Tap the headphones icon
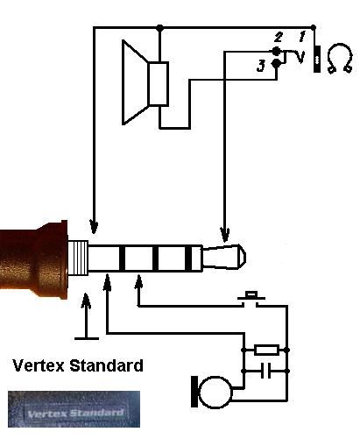click(x=339, y=59)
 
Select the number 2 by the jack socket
click(x=279, y=37)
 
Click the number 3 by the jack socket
click(x=261, y=66)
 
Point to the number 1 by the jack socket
click(x=302, y=36)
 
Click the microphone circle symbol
click(x=216, y=392)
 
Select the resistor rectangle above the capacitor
click(x=266, y=350)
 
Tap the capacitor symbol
click(x=265, y=371)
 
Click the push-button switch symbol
click(x=251, y=299)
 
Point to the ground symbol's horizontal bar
click(x=87, y=338)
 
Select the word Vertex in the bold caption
click(x=39, y=365)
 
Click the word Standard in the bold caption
click(x=107, y=365)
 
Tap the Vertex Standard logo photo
click(x=74, y=409)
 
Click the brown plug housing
click(x=34, y=259)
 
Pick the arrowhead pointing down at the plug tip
click(x=225, y=235)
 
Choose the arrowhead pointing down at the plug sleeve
click(x=94, y=226)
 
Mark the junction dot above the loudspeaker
click(x=159, y=28)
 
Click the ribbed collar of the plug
click(x=78, y=258)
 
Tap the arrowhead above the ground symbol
click(x=86, y=301)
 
